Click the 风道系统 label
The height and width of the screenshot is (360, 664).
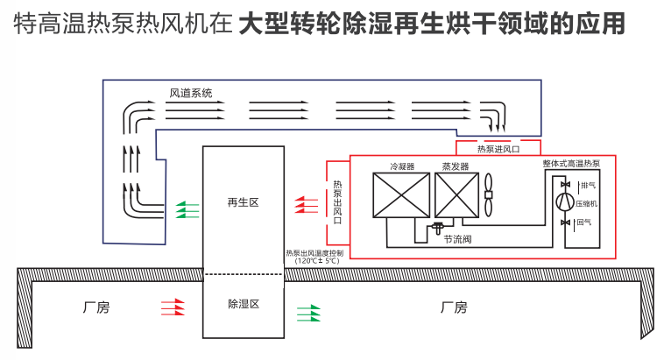tap(191, 93)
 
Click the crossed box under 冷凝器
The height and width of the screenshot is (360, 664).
tap(401, 195)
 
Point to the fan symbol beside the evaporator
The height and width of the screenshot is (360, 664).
tap(489, 194)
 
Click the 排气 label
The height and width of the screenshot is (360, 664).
tap(587, 185)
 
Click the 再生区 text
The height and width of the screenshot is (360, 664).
tap(243, 202)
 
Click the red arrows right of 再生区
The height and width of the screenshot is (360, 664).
tap(306, 204)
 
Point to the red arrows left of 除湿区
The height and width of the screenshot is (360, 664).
tap(173, 307)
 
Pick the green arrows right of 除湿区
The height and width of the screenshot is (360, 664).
tap(309, 310)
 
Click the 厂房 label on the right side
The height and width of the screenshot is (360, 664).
tap(454, 307)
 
